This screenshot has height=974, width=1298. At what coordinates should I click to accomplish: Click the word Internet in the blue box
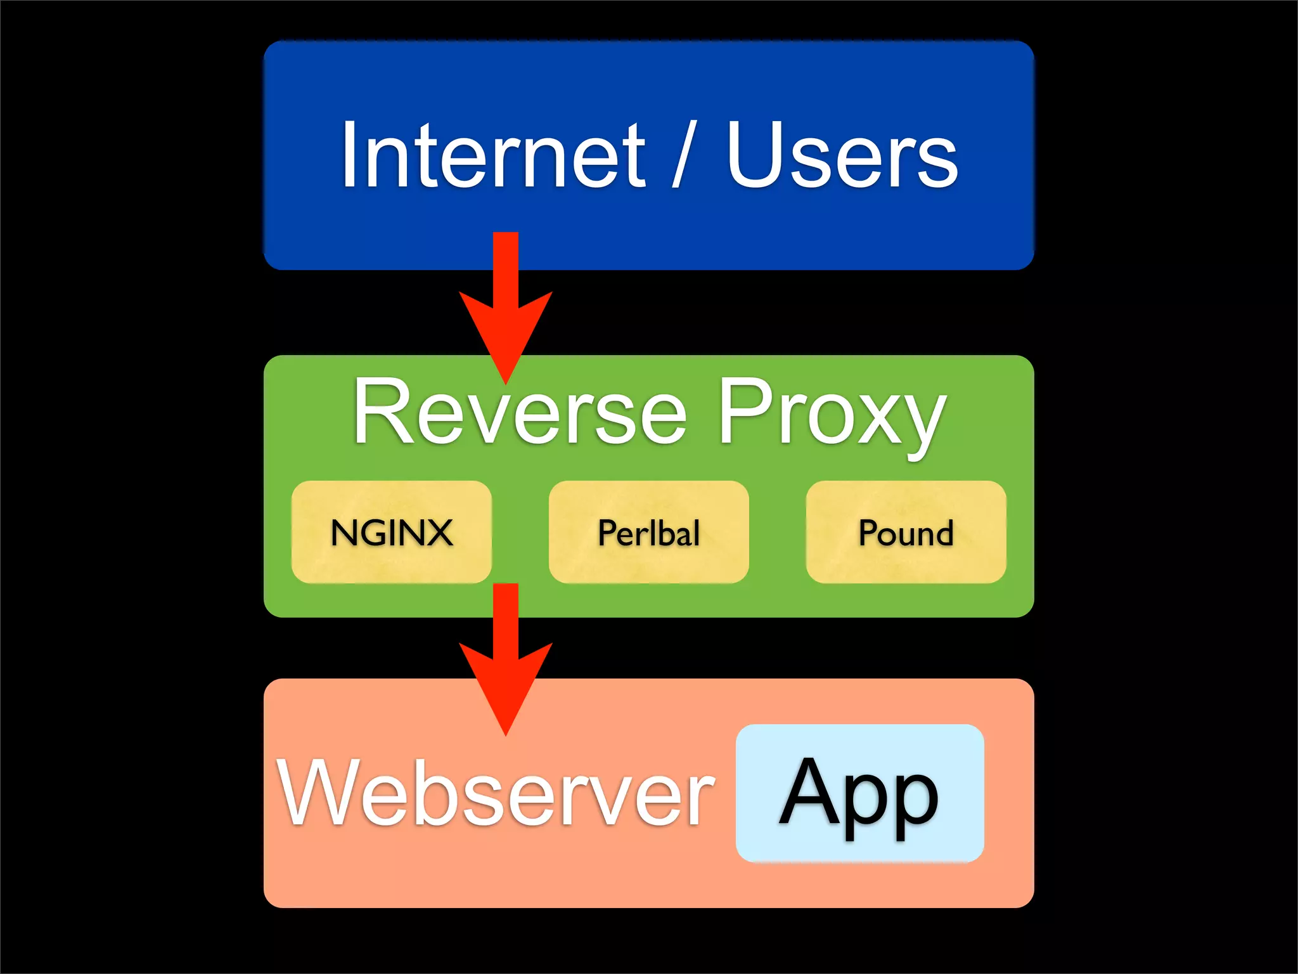[493, 155]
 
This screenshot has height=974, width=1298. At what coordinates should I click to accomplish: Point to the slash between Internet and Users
[684, 155]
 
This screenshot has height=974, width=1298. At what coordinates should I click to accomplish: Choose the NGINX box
[392, 532]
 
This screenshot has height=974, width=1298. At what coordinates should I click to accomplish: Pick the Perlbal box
[648, 532]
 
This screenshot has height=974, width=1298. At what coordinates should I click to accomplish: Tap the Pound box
[906, 532]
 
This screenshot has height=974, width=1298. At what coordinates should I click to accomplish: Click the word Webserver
[496, 793]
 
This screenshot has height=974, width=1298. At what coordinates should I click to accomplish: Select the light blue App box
[859, 793]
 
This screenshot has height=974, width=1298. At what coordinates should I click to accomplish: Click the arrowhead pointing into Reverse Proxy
[506, 336]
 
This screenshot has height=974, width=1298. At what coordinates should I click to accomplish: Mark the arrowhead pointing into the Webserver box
[506, 688]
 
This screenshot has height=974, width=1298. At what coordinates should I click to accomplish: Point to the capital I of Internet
[349, 155]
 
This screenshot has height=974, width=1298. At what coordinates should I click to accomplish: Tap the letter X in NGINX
[437, 532]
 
